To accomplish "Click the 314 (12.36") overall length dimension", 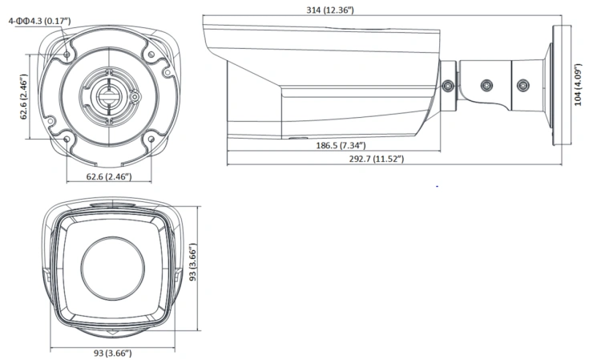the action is point(329,10).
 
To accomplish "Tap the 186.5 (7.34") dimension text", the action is point(341,145).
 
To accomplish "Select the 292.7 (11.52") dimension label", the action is point(377,159).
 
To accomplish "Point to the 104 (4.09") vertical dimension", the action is point(578,85).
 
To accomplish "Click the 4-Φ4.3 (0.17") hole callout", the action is point(39,21).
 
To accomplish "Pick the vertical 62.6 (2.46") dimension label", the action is point(24,96).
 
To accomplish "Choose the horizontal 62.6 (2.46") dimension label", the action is point(109,176).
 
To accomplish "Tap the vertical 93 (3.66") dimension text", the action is point(193,262).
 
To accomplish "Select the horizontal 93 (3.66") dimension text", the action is point(113,353).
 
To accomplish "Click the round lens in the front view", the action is point(113,269).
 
